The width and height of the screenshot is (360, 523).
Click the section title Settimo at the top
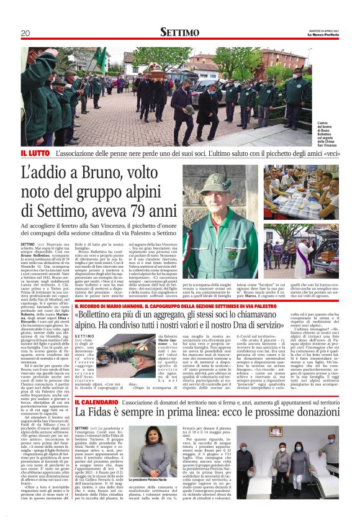coord(180,32)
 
